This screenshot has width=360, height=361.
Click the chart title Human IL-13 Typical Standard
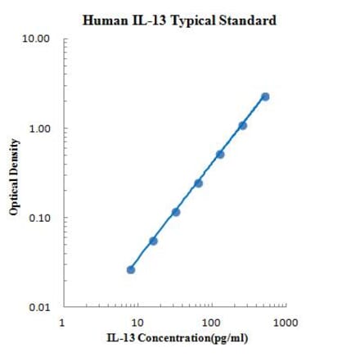click(x=179, y=17)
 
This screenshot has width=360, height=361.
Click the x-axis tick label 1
click(x=63, y=321)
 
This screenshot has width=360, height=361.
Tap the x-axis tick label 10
click(x=137, y=321)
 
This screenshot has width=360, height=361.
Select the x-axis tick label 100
click(x=211, y=321)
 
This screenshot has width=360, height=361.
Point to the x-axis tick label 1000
click(x=285, y=321)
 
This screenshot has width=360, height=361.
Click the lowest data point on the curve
click(x=131, y=269)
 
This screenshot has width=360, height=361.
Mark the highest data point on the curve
click(x=265, y=97)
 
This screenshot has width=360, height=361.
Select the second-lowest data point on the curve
click(x=153, y=241)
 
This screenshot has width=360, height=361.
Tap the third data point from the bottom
click(x=176, y=212)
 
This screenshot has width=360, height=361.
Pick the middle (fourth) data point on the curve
click(x=198, y=183)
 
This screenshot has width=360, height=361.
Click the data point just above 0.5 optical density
click(x=220, y=154)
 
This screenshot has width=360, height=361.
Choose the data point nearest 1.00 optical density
click(x=243, y=125)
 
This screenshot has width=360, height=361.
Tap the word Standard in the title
click(x=247, y=17)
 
